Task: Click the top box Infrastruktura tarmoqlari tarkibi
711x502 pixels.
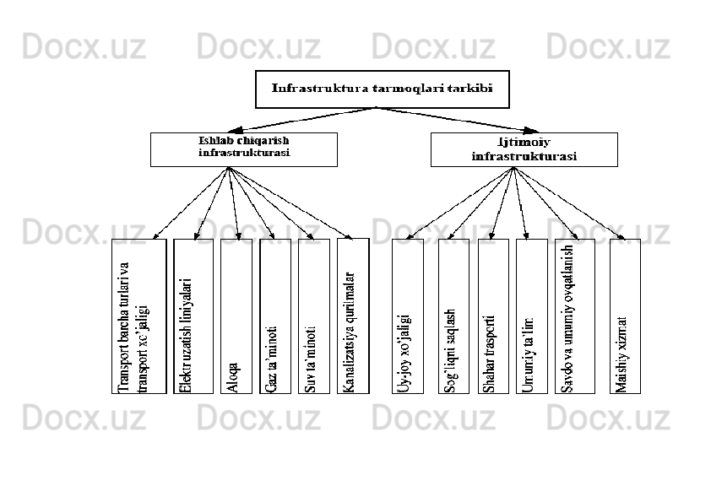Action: coord(383,89)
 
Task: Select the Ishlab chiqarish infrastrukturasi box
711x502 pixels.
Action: coord(243,149)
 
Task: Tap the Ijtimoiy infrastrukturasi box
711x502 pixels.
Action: coord(524,149)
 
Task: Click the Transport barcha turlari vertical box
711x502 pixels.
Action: coord(138,316)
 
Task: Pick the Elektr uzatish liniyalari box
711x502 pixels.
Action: coord(193,316)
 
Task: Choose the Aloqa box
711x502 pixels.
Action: coord(236,316)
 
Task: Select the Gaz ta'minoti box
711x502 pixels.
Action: coord(274,316)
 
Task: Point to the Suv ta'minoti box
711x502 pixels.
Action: coord(313,316)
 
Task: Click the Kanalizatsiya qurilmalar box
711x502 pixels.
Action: coord(352,316)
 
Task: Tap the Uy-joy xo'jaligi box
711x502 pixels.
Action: coord(408,316)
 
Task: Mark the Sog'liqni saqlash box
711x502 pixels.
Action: coord(453,316)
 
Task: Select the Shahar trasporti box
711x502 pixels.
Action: coord(493,316)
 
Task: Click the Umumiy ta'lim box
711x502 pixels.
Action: coord(531,316)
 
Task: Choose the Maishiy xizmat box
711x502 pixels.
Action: coord(625,316)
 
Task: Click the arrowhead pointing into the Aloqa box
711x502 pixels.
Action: coord(239,235)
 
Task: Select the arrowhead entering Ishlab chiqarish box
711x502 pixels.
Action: coord(239,129)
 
